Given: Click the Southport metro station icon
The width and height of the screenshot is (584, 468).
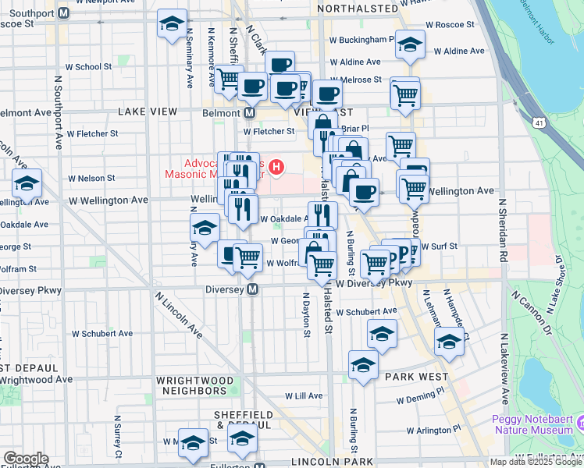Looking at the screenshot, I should click(x=64, y=13).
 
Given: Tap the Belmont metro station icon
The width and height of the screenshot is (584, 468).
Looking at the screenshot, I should click(x=250, y=113).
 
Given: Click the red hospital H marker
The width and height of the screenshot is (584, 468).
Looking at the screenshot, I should click(x=276, y=167).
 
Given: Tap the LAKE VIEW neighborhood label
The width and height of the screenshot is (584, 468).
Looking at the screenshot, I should click(x=148, y=112).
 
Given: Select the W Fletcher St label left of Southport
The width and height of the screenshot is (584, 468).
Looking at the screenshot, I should click(x=92, y=133).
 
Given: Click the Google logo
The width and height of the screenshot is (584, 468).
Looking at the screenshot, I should click(x=26, y=459).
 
